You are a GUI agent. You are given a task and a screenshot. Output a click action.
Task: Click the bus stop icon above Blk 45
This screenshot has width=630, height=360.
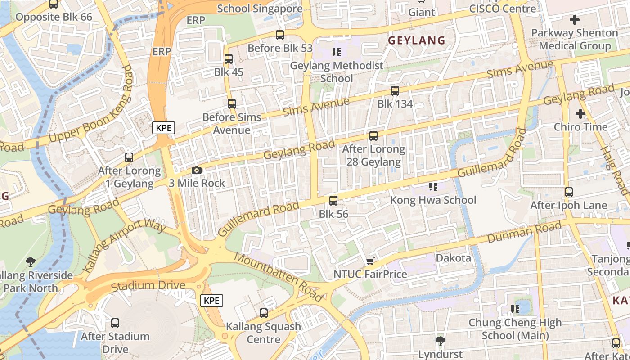click(228, 59)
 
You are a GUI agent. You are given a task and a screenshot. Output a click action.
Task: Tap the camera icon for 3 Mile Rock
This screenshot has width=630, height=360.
click(197, 171)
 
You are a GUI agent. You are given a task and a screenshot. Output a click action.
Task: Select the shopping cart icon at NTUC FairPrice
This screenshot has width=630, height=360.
click(370, 261)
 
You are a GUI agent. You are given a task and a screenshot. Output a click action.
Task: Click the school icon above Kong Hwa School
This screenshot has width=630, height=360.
click(433, 187)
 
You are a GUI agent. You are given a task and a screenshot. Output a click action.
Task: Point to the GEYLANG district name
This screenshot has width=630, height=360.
click(416, 40)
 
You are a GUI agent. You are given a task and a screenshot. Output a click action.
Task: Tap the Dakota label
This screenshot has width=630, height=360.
click(453, 258)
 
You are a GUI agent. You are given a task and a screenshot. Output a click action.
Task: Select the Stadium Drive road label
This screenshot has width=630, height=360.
click(148, 285)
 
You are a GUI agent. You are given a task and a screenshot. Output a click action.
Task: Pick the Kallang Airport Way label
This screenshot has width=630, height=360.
click(124, 246)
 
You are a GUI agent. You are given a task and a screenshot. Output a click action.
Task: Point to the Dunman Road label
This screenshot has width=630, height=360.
click(525, 232)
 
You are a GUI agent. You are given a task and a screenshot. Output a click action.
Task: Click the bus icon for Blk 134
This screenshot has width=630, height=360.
click(395, 91)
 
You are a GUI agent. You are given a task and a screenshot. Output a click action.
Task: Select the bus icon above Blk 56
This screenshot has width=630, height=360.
click(333, 201)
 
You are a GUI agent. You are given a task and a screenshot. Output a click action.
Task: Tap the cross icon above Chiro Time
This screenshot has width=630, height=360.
click(580, 114)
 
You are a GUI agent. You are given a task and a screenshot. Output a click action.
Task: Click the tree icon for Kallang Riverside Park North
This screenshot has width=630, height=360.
click(31, 261)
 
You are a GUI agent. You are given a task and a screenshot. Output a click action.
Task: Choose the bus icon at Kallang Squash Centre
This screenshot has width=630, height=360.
click(264, 313)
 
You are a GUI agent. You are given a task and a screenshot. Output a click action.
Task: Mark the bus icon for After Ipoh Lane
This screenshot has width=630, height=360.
click(568, 192)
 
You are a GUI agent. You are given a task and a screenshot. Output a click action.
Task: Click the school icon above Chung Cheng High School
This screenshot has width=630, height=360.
click(515, 309)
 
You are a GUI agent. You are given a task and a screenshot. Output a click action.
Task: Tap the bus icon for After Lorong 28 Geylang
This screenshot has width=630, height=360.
click(373, 135)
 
